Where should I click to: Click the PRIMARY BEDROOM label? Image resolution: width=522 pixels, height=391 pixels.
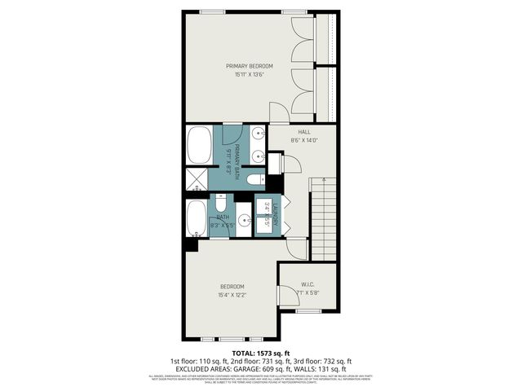point(250,66)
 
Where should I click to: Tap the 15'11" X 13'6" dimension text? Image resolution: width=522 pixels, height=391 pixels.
point(250,75)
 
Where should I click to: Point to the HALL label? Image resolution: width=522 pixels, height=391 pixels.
point(304,132)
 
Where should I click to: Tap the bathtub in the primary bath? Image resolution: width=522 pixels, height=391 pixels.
point(197,145)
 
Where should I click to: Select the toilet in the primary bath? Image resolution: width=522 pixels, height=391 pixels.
point(254,179)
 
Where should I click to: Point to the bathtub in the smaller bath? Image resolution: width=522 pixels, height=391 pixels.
point(197,218)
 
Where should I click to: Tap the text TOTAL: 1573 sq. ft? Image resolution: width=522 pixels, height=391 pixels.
point(260,352)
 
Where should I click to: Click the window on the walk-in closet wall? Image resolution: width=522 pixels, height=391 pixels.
point(307,310)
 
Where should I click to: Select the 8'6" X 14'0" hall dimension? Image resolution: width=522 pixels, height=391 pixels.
point(304,140)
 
